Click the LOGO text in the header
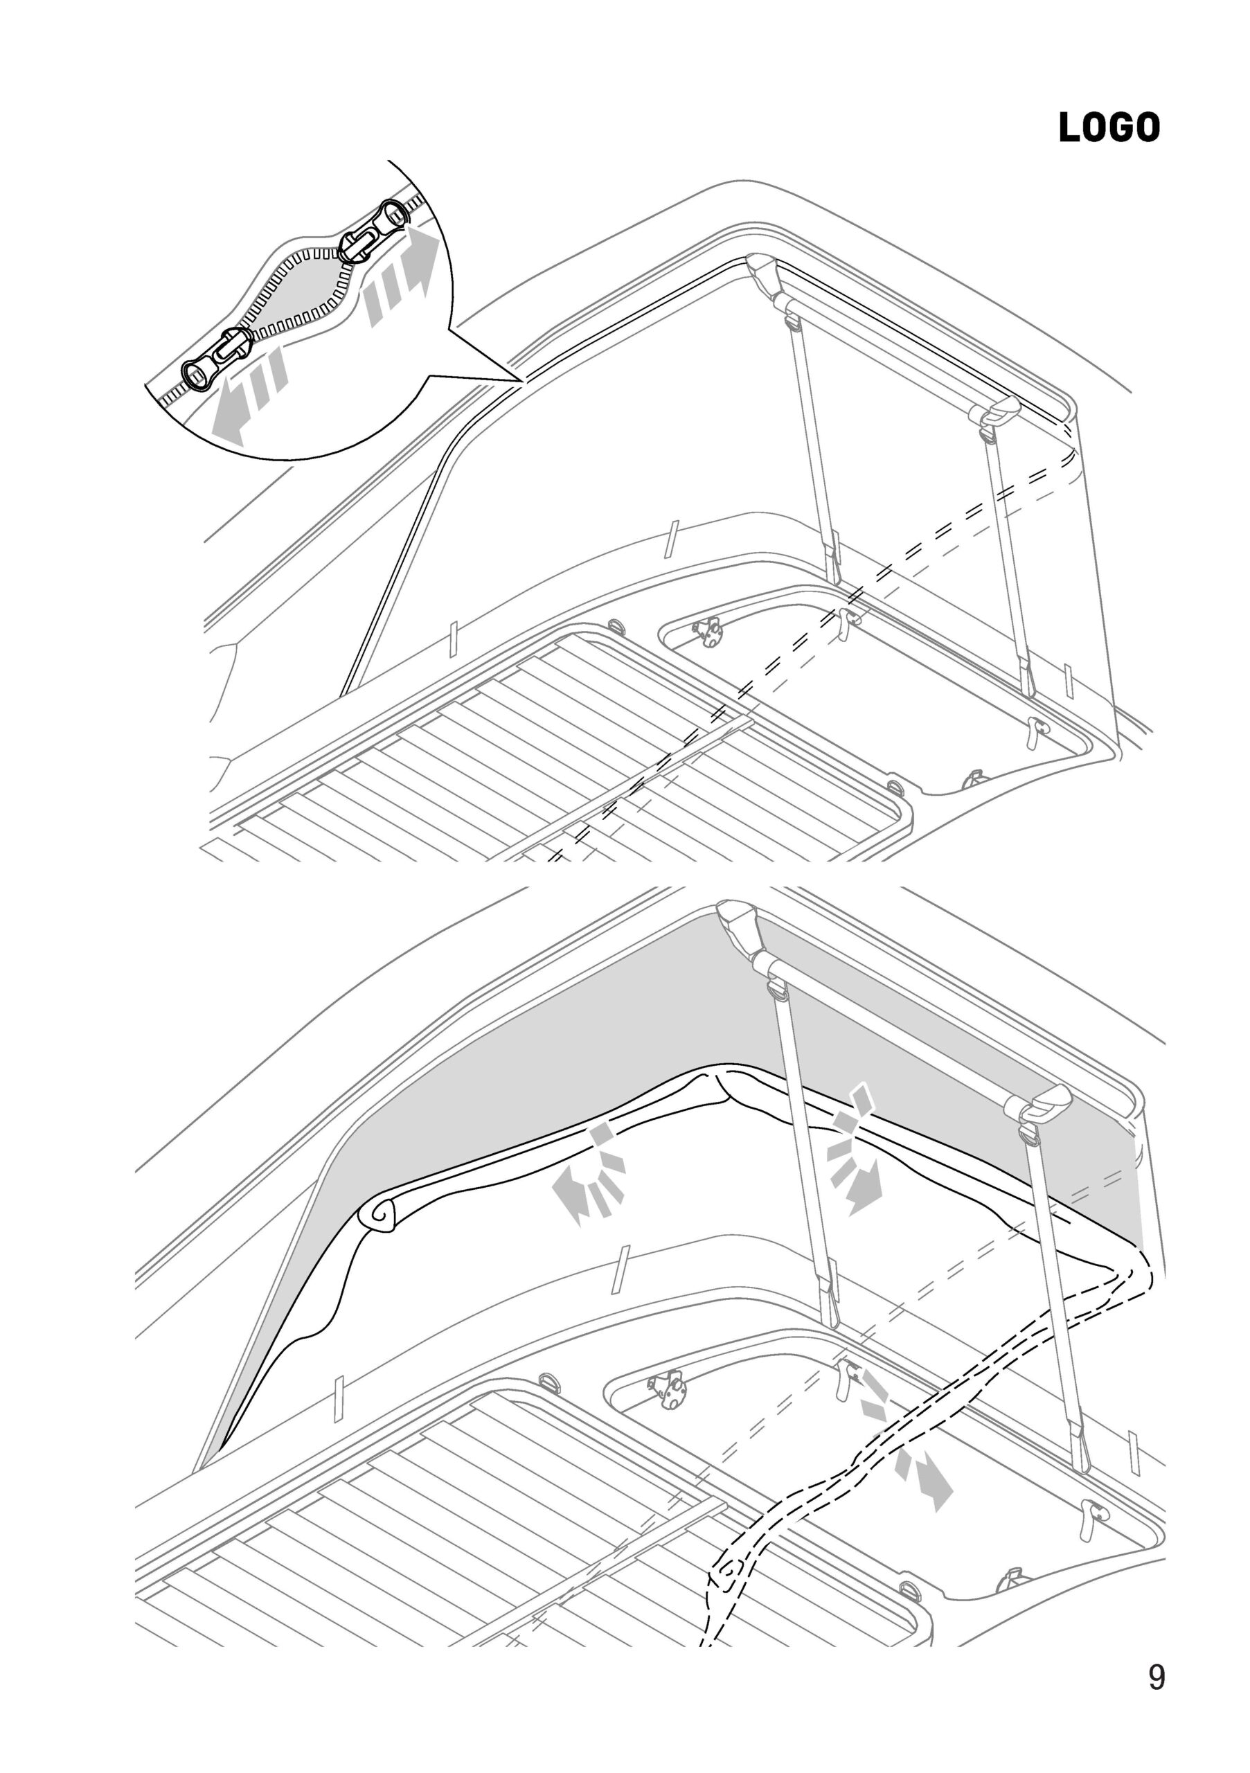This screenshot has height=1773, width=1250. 1109,127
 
